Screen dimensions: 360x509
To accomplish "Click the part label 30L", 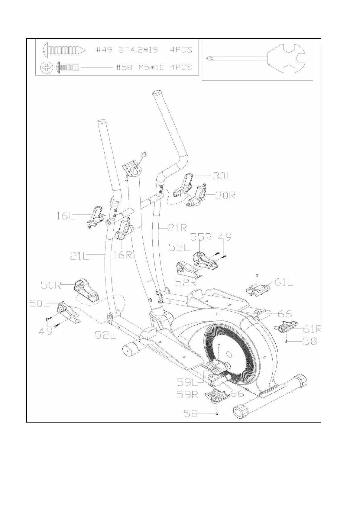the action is pyautogui.click(x=222, y=176).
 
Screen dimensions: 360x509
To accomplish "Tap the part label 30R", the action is pyautogui.click(x=225, y=195).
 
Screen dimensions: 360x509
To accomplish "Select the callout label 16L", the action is pyautogui.click(x=65, y=216).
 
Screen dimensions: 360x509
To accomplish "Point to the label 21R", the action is pyautogui.click(x=177, y=228).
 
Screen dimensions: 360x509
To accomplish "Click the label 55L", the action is pyautogui.click(x=179, y=248).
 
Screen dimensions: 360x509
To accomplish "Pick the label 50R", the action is pyautogui.click(x=51, y=285).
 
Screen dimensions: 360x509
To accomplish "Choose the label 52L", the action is pyautogui.click(x=105, y=335).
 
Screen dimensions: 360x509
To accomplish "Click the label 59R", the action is pyautogui.click(x=187, y=395).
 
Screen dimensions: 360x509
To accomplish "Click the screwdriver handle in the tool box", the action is pyautogui.click(x=287, y=59).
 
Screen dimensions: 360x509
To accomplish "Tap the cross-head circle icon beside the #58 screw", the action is pyautogui.click(x=47, y=67).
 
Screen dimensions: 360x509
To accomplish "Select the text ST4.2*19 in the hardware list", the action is pyautogui.click(x=138, y=50).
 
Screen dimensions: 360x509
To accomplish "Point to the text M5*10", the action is pyautogui.click(x=151, y=67).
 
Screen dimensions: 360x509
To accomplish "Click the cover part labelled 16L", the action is pyautogui.click(x=96, y=217).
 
